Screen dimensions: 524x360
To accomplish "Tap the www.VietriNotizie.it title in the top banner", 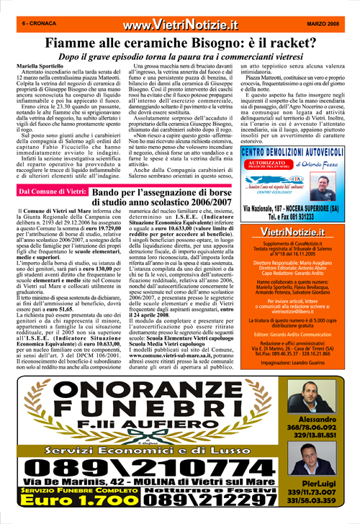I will click(x=180, y=25).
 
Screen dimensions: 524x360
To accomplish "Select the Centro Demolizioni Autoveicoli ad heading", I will click(x=297, y=153).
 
